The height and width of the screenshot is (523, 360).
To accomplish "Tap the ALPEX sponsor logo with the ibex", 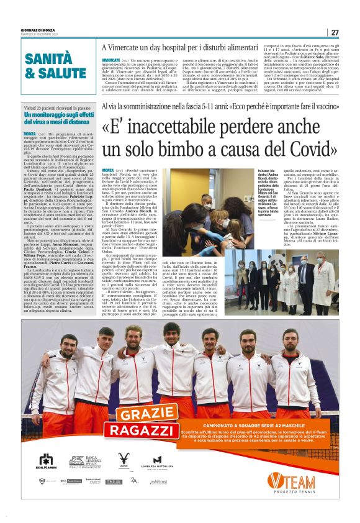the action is pyautogui.click(x=123, y=462).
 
